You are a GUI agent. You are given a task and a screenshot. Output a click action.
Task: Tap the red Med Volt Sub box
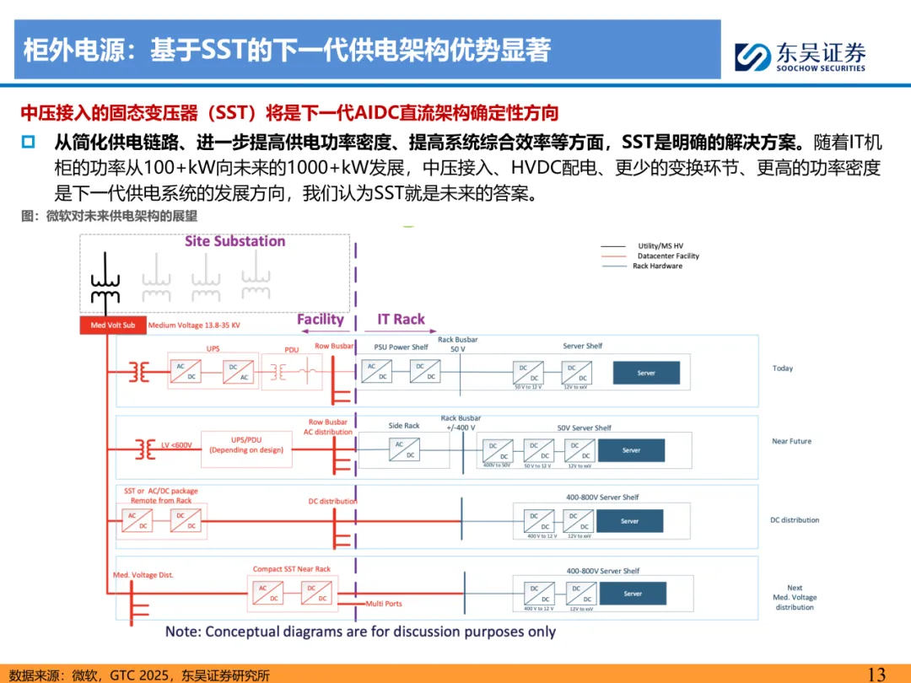[x=112, y=325]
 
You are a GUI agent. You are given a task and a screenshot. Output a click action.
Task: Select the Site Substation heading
[x=235, y=241]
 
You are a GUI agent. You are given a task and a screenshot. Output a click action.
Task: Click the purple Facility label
[x=320, y=319]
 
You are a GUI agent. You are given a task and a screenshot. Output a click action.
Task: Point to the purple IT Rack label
[x=401, y=319]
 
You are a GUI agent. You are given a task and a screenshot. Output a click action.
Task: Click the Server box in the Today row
[x=646, y=373]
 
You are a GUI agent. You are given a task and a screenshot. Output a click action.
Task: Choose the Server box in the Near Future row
[x=631, y=450]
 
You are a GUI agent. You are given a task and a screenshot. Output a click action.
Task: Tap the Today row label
[x=783, y=368]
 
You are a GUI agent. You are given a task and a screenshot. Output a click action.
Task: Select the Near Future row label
[x=790, y=441]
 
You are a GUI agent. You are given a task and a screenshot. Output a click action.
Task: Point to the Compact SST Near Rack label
[x=292, y=569]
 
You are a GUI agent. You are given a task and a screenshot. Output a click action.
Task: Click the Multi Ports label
[x=384, y=604]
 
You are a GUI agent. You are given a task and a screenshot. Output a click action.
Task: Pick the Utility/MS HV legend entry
[x=660, y=245]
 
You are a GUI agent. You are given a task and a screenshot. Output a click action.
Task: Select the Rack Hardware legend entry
[x=657, y=266]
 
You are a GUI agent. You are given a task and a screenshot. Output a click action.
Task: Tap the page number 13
[x=876, y=674]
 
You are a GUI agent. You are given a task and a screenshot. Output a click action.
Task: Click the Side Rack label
[x=404, y=426]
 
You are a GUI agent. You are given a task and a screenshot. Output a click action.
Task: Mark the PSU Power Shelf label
[x=401, y=347]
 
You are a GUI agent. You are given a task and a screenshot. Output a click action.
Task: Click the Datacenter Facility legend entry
[x=668, y=255]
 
